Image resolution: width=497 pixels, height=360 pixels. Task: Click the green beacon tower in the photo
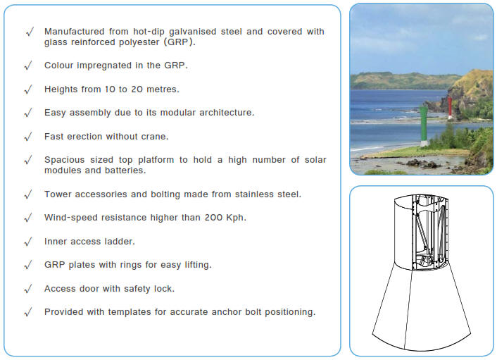[424, 127]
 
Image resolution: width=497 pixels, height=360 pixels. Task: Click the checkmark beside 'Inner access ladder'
[28, 242]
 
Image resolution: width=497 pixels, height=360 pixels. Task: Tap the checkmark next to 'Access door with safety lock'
[28, 289]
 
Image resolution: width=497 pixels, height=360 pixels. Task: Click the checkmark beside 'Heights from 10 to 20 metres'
[28, 89]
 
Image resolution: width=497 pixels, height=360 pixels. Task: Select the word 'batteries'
[122, 170]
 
